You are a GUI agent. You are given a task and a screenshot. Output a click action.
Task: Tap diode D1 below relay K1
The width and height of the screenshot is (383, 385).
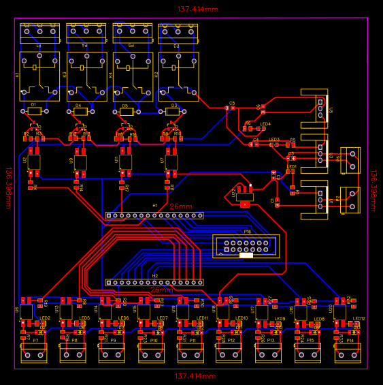[33, 111]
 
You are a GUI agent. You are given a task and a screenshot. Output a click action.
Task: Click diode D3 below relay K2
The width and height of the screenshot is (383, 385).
[173, 111]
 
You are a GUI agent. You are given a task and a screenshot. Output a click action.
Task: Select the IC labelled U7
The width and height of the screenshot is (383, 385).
[171, 161]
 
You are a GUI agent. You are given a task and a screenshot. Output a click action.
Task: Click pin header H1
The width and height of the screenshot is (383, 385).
[154, 215]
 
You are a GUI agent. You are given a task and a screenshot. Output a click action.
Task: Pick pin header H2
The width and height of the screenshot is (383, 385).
[154, 282]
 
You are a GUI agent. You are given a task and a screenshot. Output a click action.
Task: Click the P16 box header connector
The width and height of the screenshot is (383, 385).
[245, 245]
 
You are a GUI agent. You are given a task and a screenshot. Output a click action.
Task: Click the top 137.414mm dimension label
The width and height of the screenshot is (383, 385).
[197, 10]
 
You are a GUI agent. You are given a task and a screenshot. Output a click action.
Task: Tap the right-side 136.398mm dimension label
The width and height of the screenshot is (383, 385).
[374, 191]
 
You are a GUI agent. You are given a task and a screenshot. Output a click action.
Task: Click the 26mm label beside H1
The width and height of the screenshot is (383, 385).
[181, 206]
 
